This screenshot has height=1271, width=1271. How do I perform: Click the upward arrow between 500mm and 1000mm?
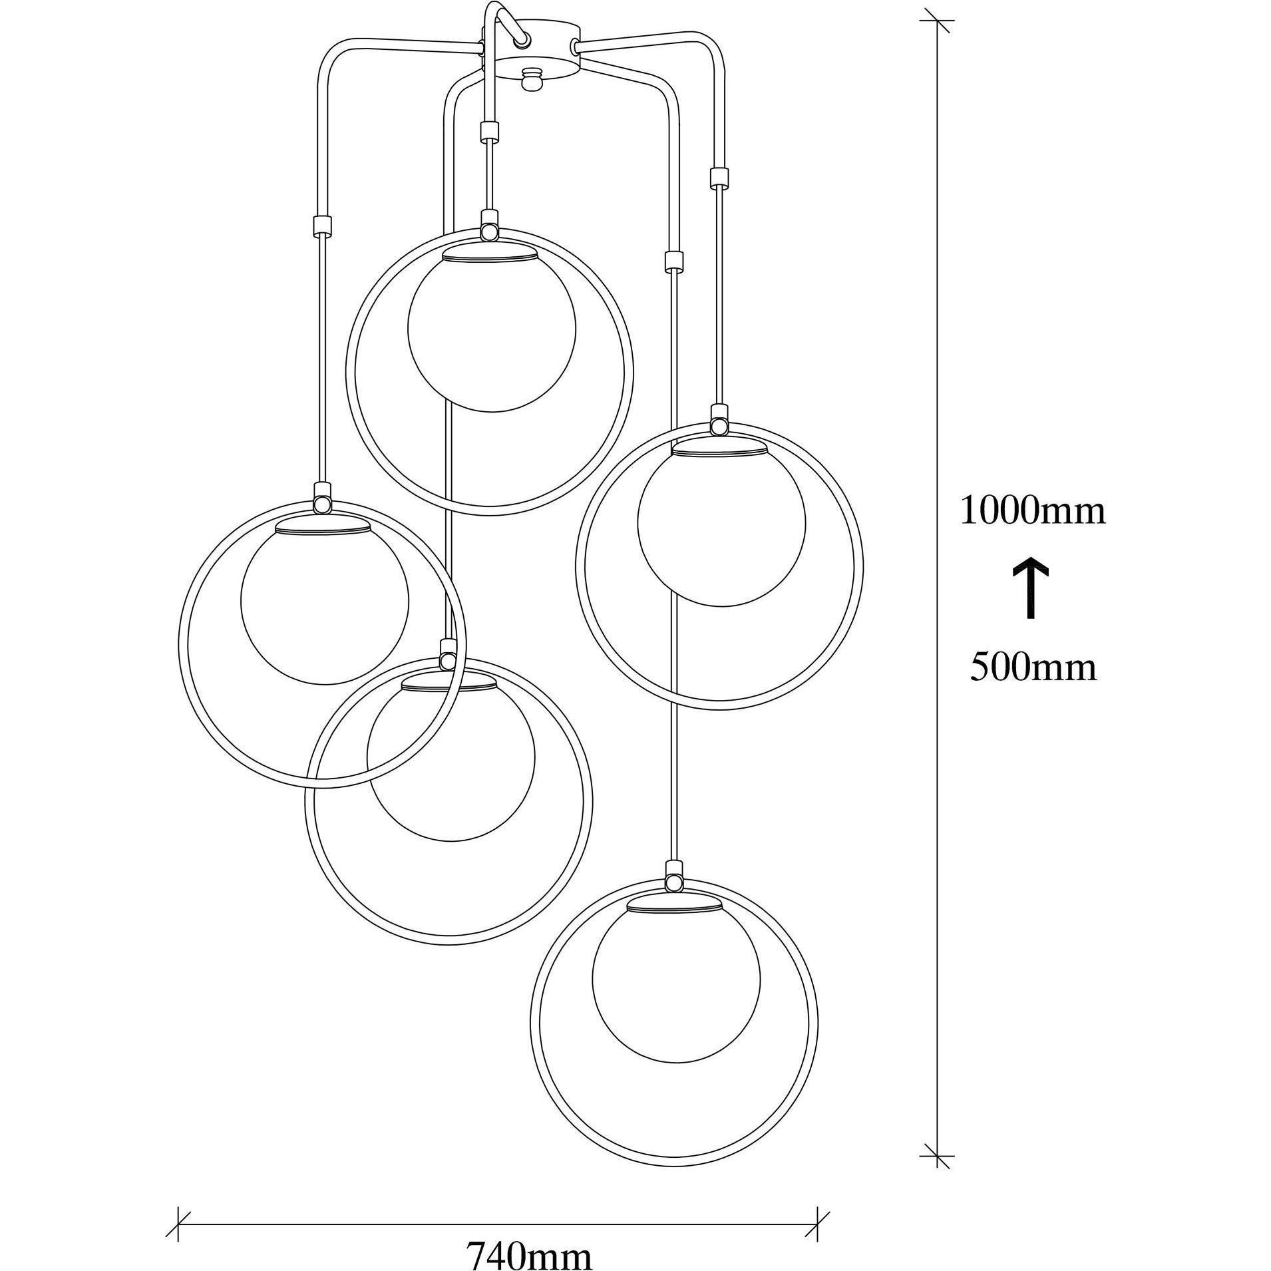coord(1031,588)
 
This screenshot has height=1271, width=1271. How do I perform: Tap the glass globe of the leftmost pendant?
coord(324,602)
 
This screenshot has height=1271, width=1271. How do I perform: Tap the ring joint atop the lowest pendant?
coord(674,882)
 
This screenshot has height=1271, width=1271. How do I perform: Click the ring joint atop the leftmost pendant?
coord(322,504)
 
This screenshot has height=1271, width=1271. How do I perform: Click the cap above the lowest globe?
coord(675,905)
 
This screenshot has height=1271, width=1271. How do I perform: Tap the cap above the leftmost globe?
coord(323,526)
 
